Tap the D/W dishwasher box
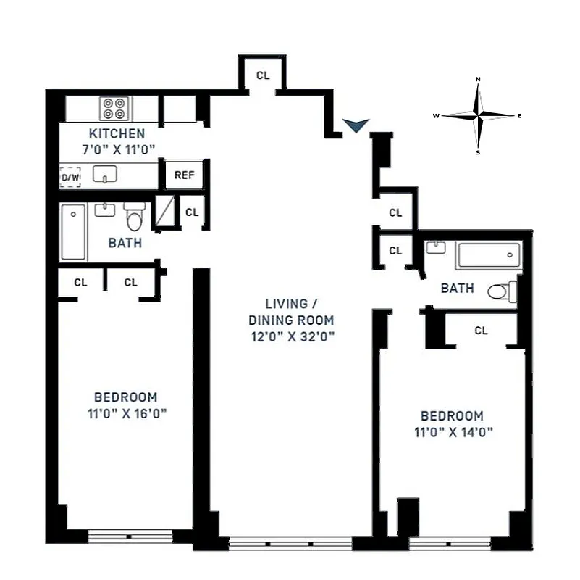point(70,177)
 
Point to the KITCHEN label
point(117,133)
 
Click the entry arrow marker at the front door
point(355,126)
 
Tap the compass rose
point(478,115)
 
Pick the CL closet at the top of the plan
point(263,74)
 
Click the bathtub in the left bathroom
point(73,232)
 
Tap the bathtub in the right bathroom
point(488,255)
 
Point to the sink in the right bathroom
point(437,248)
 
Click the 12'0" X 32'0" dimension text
point(291,336)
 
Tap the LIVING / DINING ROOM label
point(291,311)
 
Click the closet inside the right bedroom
point(481,331)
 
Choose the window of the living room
point(290,543)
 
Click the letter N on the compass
point(478,78)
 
